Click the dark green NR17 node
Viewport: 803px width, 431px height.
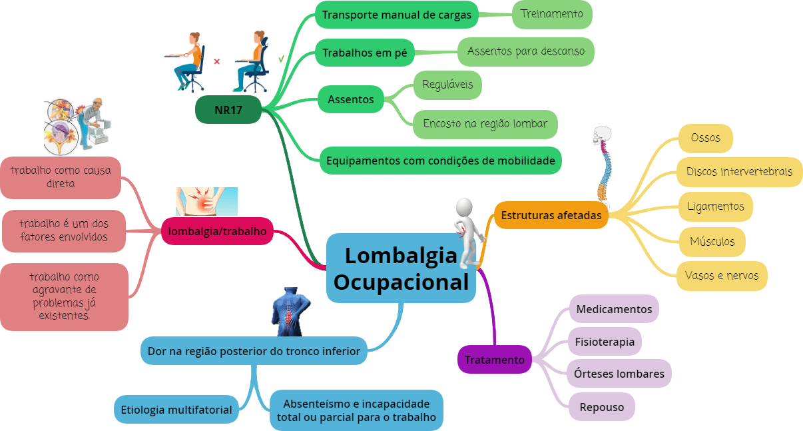click(x=228, y=110)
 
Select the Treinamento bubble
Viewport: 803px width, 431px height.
click(x=552, y=15)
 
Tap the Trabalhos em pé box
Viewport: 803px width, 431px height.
click(x=365, y=53)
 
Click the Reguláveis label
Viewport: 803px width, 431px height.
click(x=447, y=85)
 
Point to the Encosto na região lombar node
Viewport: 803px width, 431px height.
click(x=485, y=124)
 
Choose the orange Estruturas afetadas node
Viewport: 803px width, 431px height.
click(x=551, y=215)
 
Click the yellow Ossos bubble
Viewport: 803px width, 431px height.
click(x=706, y=138)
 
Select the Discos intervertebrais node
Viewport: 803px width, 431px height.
click(x=739, y=172)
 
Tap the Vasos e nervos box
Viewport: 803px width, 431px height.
click(x=722, y=276)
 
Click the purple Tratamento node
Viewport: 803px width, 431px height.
click(x=494, y=359)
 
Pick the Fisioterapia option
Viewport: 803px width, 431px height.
click(x=605, y=341)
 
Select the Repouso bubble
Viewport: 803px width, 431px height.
click(x=601, y=407)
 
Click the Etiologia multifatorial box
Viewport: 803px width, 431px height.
click(x=176, y=410)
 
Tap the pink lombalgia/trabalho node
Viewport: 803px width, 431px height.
click(x=217, y=231)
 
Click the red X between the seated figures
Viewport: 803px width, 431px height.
click(x=216, y=62)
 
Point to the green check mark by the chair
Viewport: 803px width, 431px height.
click(x=281, y=59)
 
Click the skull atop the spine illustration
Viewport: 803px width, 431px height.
click(x=602, y=135)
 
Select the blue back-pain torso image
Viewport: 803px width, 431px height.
click(x=290, y=311)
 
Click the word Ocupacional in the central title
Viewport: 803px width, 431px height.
click(x=401, y=282)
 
